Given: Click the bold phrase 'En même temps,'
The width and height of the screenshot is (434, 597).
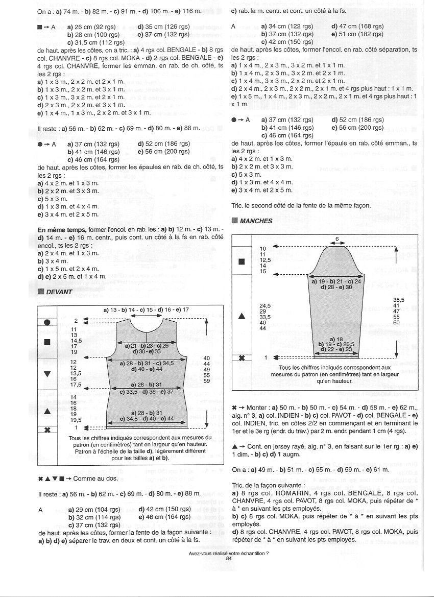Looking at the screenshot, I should pyautogui.click(x=62, y=230).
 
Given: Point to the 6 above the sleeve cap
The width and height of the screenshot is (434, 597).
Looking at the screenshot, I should pyautogui.click(x=337, y=238).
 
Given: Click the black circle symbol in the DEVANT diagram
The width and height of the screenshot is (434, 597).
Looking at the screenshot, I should pyautogui.click(x=47, y=322).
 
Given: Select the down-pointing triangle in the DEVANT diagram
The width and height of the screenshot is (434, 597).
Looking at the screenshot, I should pyautogui.click(x=47, y=374).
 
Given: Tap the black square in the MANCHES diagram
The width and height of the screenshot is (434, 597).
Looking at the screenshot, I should pyautogui.click(x=242, y=262).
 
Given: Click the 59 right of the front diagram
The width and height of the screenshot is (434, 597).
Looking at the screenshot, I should pyautogui.click(x=207, y=381).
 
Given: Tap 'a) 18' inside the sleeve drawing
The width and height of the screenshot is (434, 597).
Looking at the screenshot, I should pyautogui.click(x=336, y=339).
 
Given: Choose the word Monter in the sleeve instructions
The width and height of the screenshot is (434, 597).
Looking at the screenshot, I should pyautogui.click(x=256, y=408).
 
